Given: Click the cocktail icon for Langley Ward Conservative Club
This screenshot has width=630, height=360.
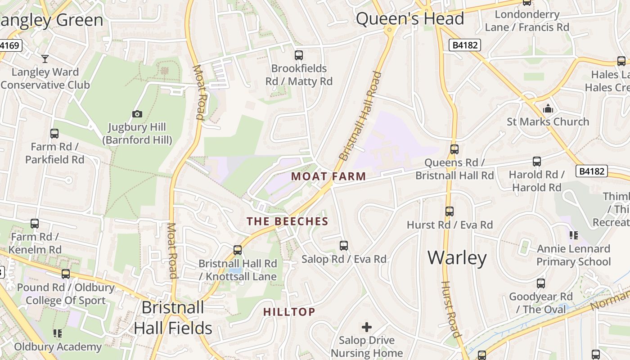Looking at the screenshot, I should (45, 58).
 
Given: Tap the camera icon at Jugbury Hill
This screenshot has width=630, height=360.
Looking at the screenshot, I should (137, 114).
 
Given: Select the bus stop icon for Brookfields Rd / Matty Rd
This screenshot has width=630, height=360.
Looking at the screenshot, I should (299, 55).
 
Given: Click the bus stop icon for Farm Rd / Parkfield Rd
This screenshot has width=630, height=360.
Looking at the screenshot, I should (54, 134).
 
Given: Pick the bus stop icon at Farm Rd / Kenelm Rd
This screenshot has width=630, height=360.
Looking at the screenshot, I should (35, 224).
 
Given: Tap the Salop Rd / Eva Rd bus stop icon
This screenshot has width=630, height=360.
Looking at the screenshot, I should (344, 246).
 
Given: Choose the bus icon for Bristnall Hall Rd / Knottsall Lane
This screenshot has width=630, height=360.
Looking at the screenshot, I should (238, 250).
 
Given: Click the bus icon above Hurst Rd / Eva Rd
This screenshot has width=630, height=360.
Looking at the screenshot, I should (449, 211).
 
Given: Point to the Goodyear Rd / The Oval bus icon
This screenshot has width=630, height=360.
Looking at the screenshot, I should (541, 283).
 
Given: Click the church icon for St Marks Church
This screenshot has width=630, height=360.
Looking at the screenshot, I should (548, 108).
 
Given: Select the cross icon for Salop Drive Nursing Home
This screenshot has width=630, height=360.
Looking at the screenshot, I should (367, 327).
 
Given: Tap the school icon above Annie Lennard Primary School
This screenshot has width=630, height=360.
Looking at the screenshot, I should (573, 235).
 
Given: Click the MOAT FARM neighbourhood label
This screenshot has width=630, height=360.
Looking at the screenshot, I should (328, 176).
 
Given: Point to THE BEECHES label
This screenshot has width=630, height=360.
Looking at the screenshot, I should (288, 221).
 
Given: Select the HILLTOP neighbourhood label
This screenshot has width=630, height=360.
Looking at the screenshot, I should (289, 312).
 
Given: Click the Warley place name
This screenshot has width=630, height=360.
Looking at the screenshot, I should (457, 258).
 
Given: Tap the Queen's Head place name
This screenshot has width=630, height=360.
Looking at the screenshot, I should (409, 19).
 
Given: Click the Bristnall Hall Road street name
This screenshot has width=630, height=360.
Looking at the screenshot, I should (360, 116).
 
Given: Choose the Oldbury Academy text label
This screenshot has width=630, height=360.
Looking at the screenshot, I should (58, 347).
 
